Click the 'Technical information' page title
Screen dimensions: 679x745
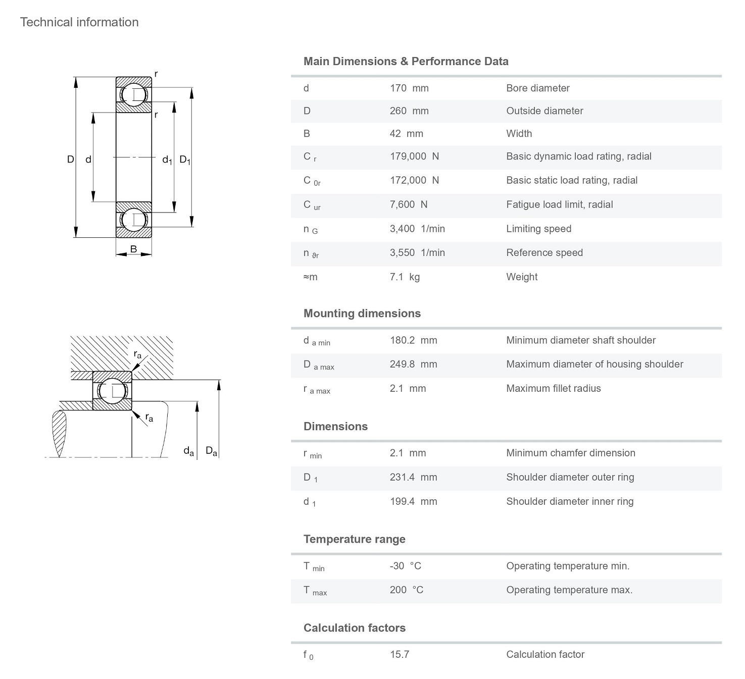(79, 22)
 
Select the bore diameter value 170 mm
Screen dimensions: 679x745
(409, 88)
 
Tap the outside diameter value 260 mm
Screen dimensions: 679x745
(409, 111)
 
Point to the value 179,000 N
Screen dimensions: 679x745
(414, 156)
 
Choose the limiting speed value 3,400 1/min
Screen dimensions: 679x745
(417, 229)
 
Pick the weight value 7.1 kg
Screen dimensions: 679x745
(405, 277)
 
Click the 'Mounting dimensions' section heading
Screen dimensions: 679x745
(362, 314)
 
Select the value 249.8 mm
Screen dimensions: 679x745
(413, 364)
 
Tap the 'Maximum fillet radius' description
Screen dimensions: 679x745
(553, 389)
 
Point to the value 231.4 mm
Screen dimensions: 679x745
(413, 478)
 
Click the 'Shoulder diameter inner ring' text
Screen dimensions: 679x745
(569, 502)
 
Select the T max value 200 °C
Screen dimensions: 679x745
(406, 590)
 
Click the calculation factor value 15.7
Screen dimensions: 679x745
(399, 655)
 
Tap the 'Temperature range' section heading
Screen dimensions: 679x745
(354, 539)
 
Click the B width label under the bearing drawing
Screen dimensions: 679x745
(133, 249)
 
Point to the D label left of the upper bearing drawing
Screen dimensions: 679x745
(71, 160)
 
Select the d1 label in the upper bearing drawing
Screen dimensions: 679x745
(167, 160)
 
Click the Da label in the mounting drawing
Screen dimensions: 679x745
(211, 451)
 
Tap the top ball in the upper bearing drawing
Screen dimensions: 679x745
(133, 94)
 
